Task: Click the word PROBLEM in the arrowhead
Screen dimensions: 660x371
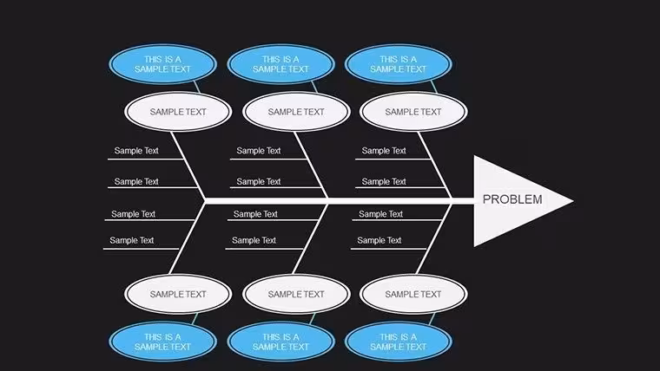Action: pos(512,199)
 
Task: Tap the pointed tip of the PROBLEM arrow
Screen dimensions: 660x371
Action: pos(573,200)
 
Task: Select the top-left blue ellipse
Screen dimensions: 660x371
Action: pos(163,64)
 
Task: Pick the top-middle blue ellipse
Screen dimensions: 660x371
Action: pos(280,64)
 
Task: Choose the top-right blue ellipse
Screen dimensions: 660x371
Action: pos(399,64)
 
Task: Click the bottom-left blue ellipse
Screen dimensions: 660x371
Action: pos(163,342)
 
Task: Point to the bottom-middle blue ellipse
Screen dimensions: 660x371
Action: pos(280,342)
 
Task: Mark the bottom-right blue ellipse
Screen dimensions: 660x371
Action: pos(399,342)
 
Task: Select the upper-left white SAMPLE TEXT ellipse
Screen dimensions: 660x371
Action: pos(178,112)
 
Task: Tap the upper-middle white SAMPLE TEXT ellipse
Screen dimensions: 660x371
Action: pos(296,112)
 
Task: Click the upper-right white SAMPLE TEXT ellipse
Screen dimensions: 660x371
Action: pos(413,112)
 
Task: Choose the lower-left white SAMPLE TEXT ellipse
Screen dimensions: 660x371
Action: pos(178,294)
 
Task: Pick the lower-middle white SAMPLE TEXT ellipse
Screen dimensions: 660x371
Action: pos(296,294)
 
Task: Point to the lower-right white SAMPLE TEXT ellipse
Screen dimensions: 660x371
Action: pos(413,294)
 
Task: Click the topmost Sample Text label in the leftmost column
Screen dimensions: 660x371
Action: pos(136,151)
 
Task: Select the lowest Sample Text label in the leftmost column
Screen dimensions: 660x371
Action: pos(132,240)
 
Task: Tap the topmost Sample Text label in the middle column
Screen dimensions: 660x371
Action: pos(259,151)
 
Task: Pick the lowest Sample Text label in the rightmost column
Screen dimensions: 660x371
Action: pos(379,240)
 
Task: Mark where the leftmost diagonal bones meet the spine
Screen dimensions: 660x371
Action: pos(206,201)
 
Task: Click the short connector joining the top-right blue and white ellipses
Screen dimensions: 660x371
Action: pos(434,87)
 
